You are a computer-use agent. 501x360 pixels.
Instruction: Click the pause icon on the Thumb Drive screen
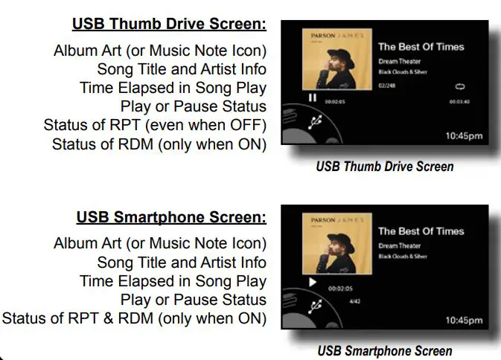313,97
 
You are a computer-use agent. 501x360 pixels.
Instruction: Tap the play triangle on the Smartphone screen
313,283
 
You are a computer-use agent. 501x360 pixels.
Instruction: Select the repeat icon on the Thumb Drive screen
459,87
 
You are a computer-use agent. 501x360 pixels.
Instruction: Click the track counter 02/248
386,87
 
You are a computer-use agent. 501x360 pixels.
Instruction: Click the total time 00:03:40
460,102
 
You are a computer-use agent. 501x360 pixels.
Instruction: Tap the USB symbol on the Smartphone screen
315,306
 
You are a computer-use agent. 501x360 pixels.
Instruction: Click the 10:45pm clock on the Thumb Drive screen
464,136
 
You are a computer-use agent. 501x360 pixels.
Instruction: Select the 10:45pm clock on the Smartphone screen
464,321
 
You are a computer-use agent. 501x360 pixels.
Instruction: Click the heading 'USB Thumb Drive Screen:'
169,25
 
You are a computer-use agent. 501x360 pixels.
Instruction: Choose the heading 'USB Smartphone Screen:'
171,218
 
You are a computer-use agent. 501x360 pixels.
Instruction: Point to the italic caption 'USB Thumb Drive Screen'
384,167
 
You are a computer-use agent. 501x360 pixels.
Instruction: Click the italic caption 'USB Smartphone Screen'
384,350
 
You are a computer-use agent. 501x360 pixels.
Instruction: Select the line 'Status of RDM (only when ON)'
159,144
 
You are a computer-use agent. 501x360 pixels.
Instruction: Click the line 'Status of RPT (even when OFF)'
155,126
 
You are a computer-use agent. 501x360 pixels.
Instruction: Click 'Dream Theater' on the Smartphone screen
400,245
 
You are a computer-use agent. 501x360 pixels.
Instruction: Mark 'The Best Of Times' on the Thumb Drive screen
420,46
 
